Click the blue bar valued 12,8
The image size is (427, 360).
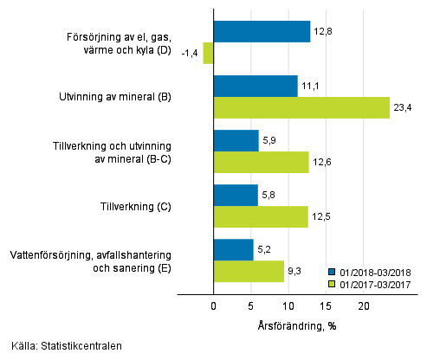[x=262, y=32]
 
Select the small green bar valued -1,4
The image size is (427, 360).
[x=208, y=54]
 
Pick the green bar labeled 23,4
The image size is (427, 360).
[x=301, y=107]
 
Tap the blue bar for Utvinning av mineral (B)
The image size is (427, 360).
[x=256, y=86]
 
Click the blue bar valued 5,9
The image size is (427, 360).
[x=236, y=140]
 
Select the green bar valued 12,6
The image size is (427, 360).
[x=261, y=162]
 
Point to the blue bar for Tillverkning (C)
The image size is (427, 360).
[x=236, y=195]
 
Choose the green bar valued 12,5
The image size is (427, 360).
[x=261, y=216]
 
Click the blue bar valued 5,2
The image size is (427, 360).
[x=233, y=249]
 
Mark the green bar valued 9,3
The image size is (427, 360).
[x=249, y=271]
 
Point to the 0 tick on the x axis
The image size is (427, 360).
[x=213, y=306]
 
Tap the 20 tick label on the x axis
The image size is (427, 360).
[x=364, y=306]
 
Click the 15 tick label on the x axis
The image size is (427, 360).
[x=326, y=306]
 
